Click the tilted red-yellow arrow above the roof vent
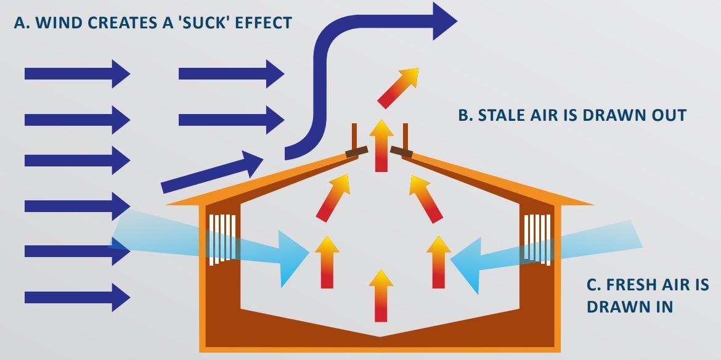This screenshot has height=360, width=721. coord(398,87)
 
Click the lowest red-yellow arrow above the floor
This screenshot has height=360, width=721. coord(381,295)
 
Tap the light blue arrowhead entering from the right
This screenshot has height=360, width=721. coord(466,263)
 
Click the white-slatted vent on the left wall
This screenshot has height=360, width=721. coord(222,238)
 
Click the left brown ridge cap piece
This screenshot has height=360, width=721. coord(356,152)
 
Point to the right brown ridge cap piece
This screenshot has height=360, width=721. coord(402,151)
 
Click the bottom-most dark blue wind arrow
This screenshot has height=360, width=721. coord(76,297)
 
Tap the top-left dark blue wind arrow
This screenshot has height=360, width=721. coord(76,74)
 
